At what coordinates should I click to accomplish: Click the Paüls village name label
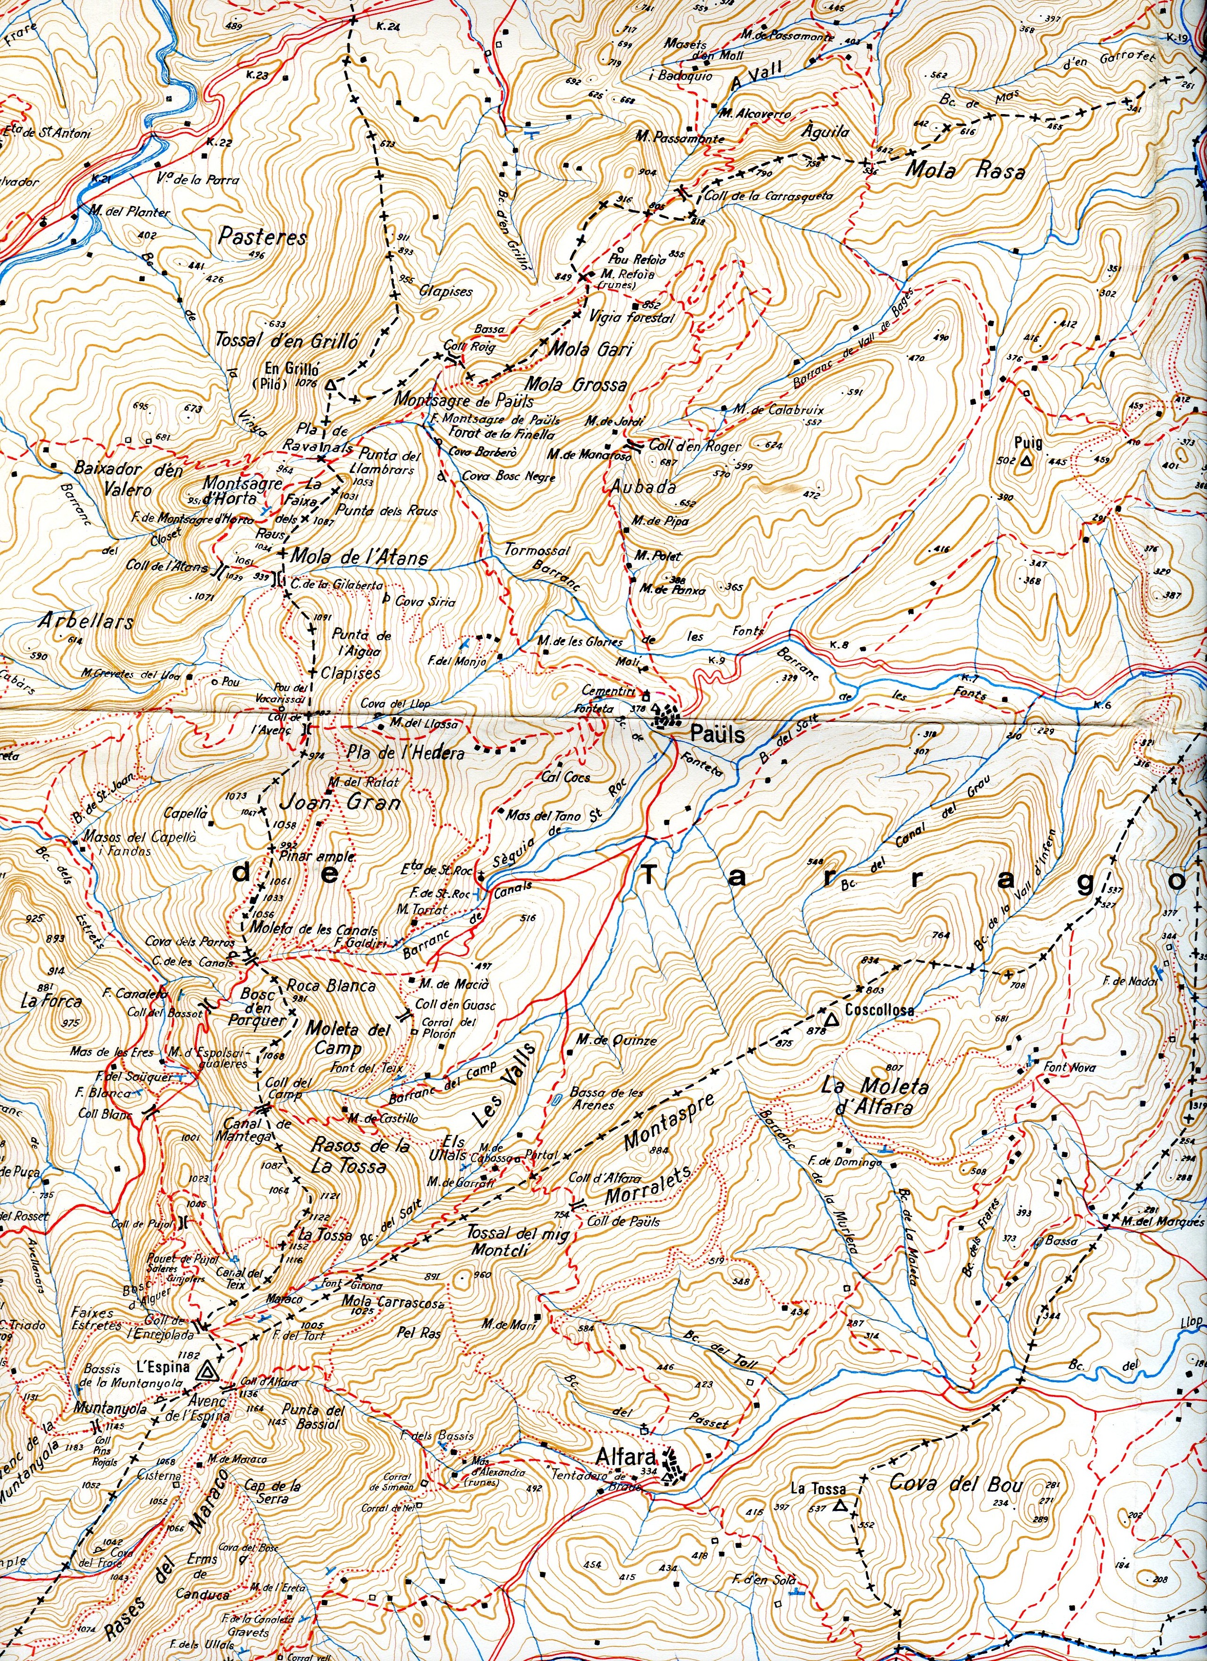717,734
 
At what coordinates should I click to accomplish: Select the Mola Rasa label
965,170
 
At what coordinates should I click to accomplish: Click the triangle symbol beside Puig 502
1026,462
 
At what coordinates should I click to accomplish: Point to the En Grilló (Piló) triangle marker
330,384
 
